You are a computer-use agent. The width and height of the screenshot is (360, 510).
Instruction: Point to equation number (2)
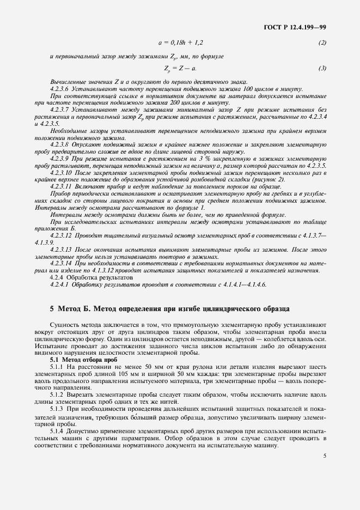(x=322, y=42)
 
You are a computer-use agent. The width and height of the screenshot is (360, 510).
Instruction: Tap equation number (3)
(x=322, y=68)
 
